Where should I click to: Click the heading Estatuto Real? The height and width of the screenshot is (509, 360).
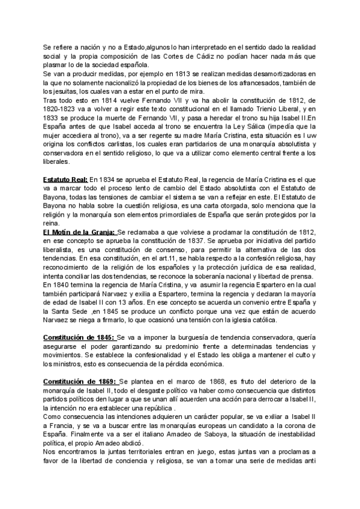65,179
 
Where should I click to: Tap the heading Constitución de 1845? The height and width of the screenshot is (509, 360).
80,338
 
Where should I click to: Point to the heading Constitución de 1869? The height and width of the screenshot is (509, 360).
81,382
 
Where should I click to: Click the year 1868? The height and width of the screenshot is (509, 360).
220,382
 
